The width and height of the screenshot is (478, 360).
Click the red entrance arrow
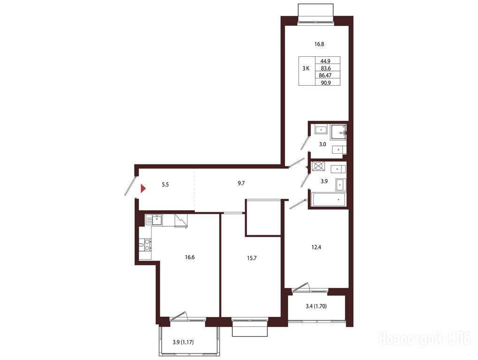143,189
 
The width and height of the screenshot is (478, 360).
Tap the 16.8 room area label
319,44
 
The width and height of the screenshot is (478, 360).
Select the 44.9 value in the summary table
325,61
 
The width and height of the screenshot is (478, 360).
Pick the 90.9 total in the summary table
326,82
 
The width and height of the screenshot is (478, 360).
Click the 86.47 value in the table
325,75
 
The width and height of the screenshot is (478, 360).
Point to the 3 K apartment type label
306,68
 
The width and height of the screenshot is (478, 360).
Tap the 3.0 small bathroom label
323,144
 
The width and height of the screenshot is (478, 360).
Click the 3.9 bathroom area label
324,181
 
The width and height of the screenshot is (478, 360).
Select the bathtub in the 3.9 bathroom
329,200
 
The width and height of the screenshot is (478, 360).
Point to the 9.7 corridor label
241,183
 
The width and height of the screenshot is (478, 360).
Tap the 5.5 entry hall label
165,185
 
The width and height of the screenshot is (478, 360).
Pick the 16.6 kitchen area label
190,257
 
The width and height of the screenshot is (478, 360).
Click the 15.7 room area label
251,258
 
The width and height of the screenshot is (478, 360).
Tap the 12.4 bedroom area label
316,247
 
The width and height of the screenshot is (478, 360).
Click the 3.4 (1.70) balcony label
316,306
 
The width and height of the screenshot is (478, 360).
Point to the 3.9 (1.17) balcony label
183,342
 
